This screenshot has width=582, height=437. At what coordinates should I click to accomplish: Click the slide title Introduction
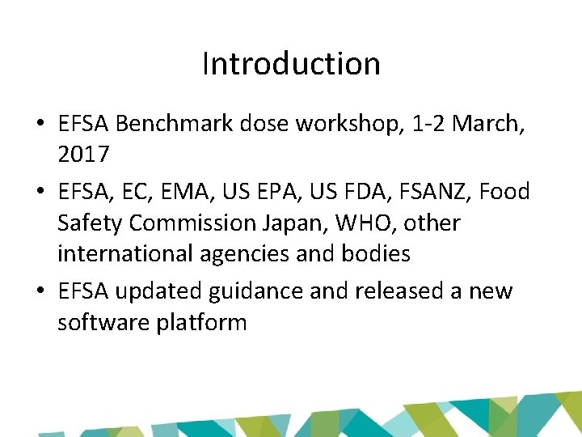coord(291,64)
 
